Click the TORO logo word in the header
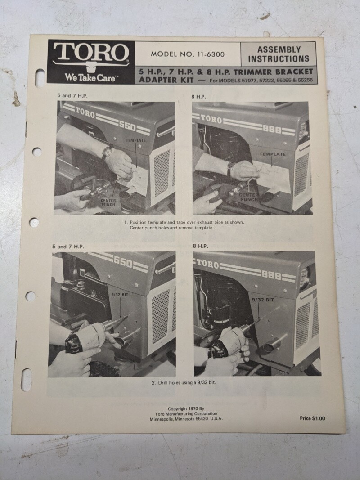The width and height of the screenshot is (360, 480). (91, 52)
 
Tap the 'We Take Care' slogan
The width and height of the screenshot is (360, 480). (90, 77)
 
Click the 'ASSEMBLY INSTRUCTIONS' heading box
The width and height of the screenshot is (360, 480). (279, 54)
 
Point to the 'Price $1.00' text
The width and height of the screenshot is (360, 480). (312, 418)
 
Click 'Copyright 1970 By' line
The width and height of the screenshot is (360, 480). (186, 408)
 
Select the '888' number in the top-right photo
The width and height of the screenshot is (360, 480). (272, 130)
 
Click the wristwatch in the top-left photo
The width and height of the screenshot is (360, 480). (107, 151)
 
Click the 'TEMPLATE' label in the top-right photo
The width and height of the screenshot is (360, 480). (272, 154)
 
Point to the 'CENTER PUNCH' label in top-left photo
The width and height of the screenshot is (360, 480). (108, 202)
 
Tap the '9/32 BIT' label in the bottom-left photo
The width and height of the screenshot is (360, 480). (120, 295)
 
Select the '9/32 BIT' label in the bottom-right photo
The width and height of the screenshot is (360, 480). (263, 300)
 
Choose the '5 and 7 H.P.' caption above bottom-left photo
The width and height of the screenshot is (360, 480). (68, 247)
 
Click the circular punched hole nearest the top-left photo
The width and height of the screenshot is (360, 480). (37, 152)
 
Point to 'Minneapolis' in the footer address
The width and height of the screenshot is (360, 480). (162, 419)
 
